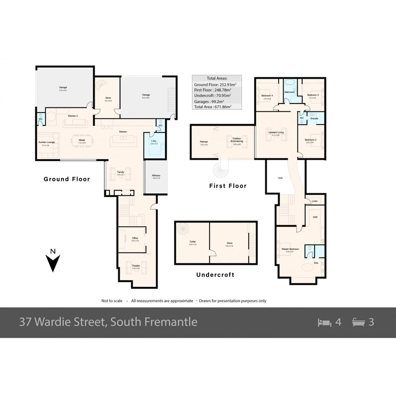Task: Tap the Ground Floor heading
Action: [x=66, y=179]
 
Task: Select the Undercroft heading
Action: [x=215, y=275]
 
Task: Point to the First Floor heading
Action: [x=227, y=186]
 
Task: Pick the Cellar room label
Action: [x=192, y=242]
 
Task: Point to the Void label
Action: [x=280, y=178]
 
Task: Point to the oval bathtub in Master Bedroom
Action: [x=306, y=268]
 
